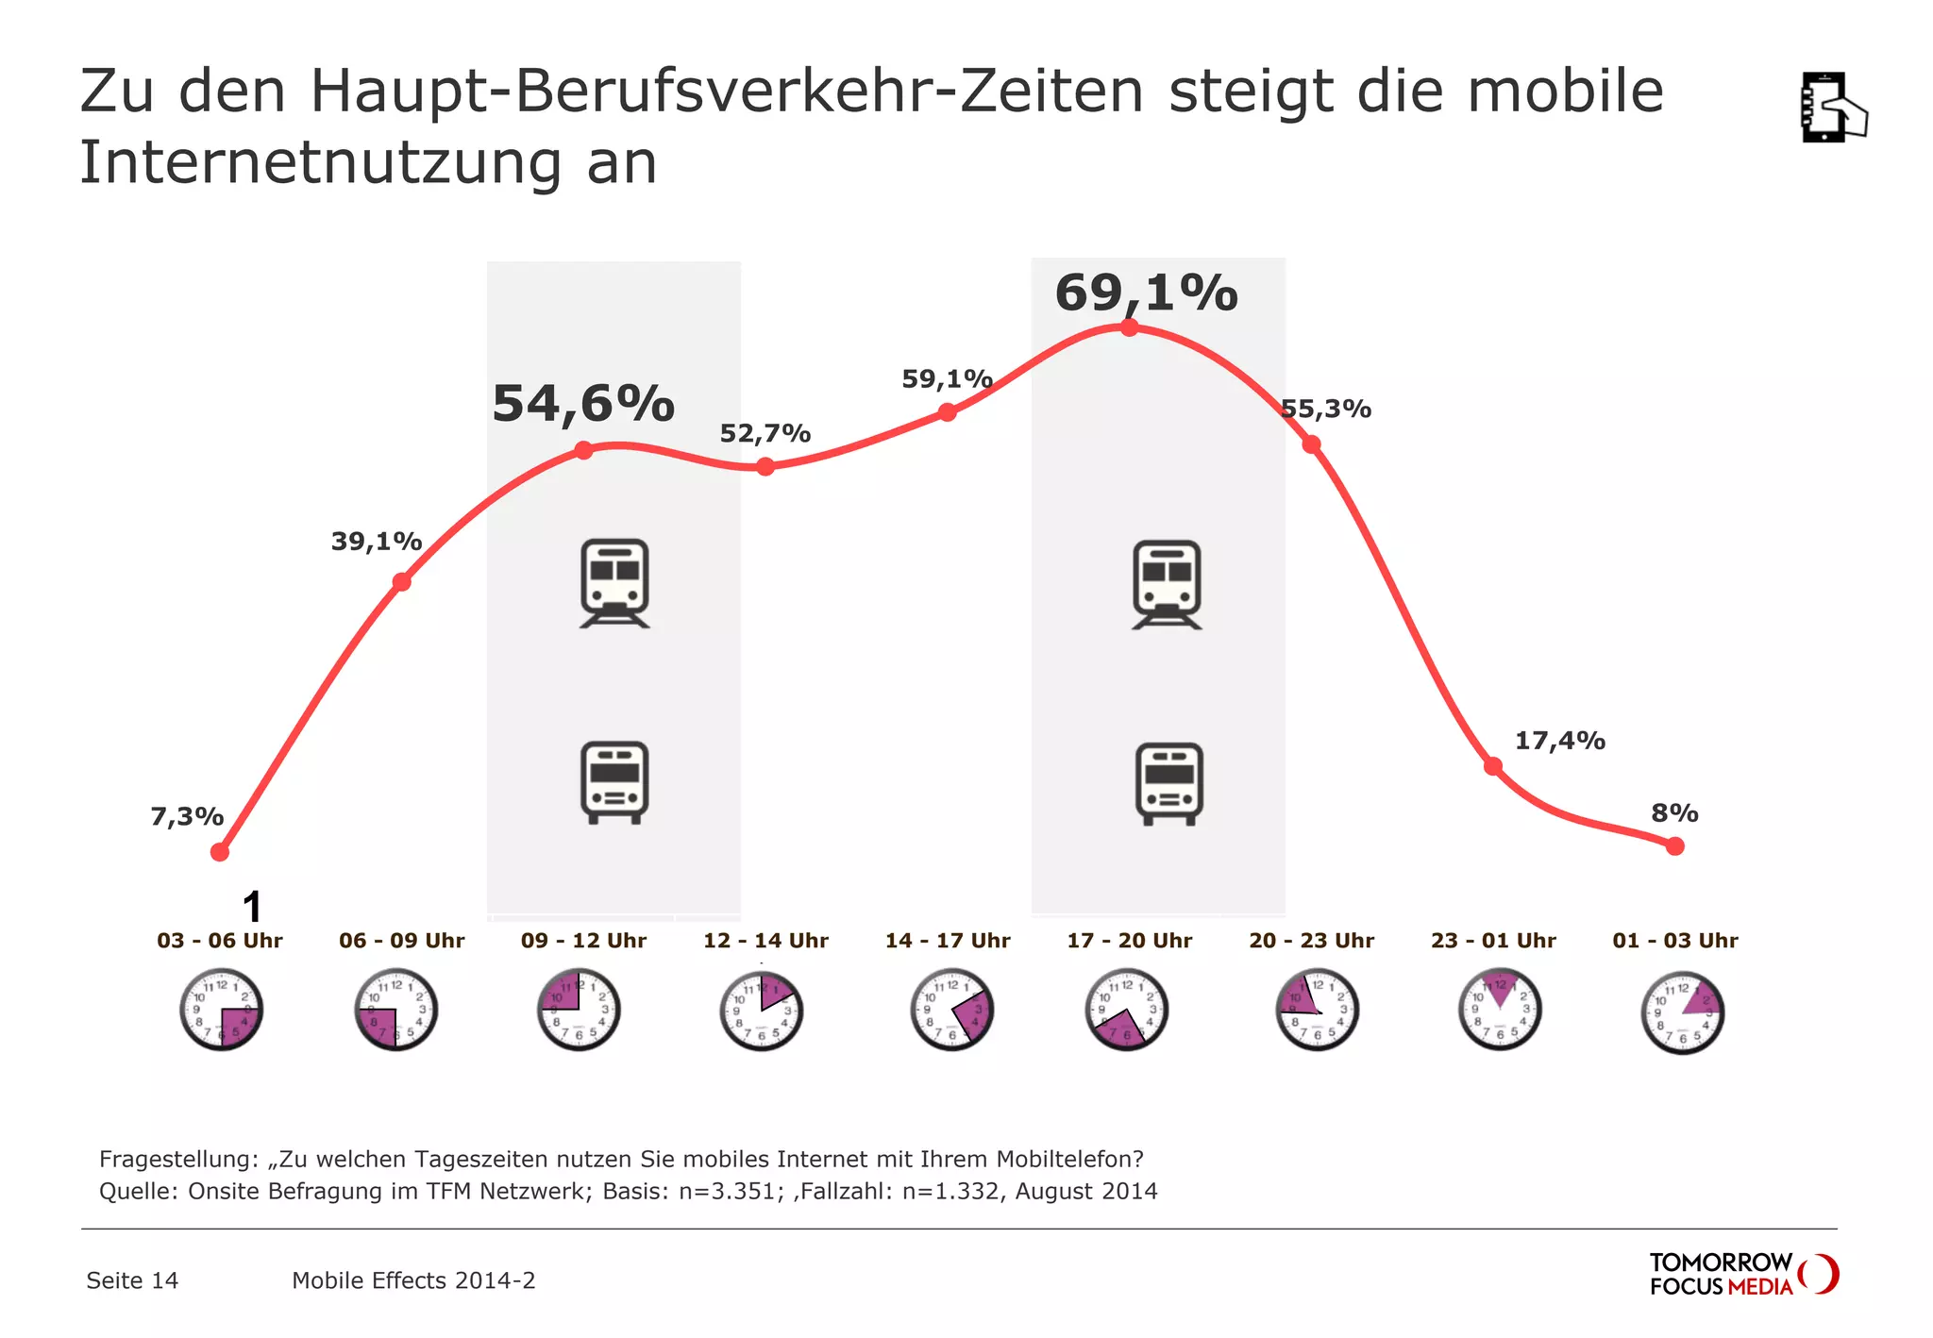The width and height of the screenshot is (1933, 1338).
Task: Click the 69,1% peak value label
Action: click(x=1146, y=293)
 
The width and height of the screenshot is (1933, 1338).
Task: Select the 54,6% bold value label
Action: click(x=583, y=404)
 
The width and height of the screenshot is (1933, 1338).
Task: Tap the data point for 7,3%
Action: click(x=220, y=852)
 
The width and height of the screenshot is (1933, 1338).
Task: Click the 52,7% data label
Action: click(x=765, y=433)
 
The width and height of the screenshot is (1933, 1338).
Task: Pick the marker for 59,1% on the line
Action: click(x=948, y=412)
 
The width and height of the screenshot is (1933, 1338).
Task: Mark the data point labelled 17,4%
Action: click(x=1492, y=766)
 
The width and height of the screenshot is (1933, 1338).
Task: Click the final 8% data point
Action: click(x=1675, y=846)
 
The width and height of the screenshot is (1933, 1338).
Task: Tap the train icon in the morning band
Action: click(x=614, y=583)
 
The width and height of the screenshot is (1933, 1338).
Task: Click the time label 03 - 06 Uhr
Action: click(x=220, y=941)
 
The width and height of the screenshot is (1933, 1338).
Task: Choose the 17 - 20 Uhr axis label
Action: click(x=1130, y=941)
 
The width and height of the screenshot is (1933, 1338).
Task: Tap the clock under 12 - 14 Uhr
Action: click(x=762, y=1011)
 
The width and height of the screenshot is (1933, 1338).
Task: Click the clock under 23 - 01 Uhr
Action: click(x=1500, y=1010)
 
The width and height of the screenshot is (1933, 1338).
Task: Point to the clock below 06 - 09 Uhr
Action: click(x=396, y=1010)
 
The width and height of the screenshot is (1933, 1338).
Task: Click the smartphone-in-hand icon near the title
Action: click(x=1832, y=108)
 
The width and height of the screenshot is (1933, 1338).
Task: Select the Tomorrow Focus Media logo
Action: click(x=1742, y=1274)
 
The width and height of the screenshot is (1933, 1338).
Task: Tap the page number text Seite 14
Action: click(x=132, y=1280)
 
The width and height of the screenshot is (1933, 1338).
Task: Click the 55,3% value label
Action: click(x=1325, y=409)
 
